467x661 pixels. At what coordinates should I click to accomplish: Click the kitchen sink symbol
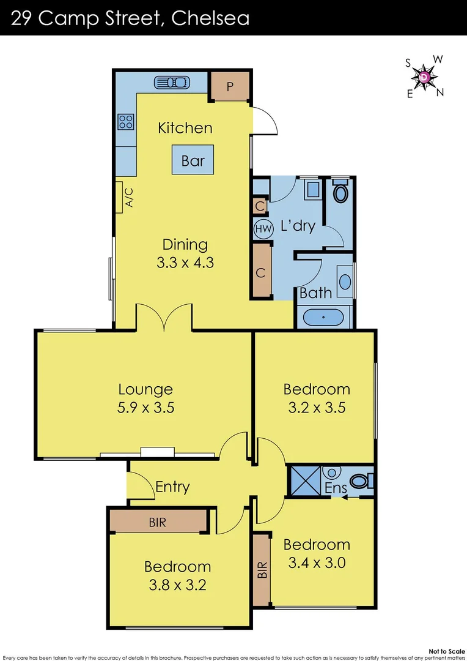coord(172,82)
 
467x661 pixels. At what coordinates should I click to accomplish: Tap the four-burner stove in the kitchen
coord(126,122)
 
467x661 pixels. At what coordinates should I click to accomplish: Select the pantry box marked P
coord(230,86)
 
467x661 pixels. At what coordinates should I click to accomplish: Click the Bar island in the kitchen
coord(193,161)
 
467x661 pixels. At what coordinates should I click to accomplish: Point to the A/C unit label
coord(128,197)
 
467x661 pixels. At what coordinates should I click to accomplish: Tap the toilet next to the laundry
coord(340,193)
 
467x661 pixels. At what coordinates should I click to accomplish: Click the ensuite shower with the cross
coord(303,479)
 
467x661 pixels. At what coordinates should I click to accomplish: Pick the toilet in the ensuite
coord(362,481)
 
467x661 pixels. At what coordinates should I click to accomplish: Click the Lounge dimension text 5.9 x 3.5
coord(145,407)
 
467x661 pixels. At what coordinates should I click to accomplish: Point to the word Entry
coord(172,487)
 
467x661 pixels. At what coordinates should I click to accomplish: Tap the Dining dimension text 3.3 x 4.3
coord(185,263)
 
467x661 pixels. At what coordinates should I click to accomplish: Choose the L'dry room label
coord(298,226)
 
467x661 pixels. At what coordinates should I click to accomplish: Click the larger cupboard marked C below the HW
coord(261,272)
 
